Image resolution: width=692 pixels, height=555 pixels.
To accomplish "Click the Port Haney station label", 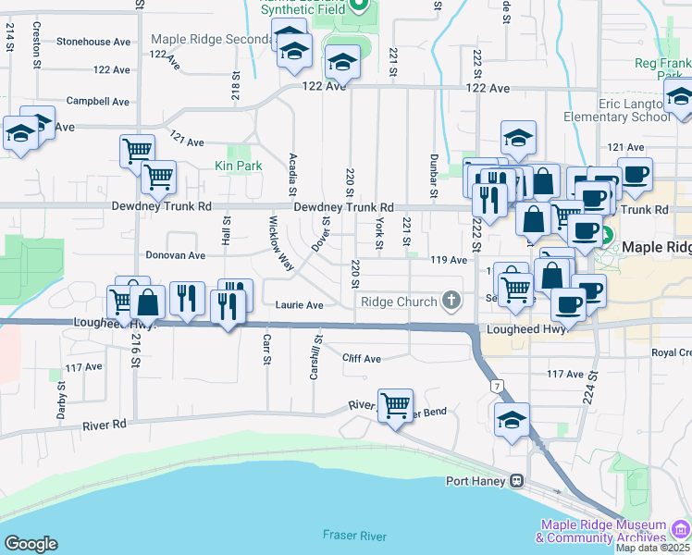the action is tap(476, 481).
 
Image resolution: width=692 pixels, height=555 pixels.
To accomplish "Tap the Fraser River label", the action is tap(354, 536).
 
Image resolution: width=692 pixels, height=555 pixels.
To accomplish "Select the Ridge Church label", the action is tap(398, 302).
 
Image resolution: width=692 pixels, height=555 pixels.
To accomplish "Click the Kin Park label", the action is tap(239, 166).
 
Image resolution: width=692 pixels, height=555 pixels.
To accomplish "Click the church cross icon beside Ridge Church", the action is tap(451, 300).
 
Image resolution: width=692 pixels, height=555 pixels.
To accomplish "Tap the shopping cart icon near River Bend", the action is tap(396, 404).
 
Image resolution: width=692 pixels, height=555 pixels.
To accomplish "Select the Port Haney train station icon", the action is tap(517, 481).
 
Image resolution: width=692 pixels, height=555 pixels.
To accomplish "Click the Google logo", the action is tap(31, 544).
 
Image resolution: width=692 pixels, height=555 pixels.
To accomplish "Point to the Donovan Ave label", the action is tap(176, 255).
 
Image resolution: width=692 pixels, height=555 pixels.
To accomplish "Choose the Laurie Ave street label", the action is tap(299, 305).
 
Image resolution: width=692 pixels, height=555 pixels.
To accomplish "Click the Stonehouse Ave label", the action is tap(93, 42).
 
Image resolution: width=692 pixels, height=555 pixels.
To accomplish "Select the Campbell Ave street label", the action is tap(97, 101).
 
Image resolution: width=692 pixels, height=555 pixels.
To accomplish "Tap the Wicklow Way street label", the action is tap(280, 243).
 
